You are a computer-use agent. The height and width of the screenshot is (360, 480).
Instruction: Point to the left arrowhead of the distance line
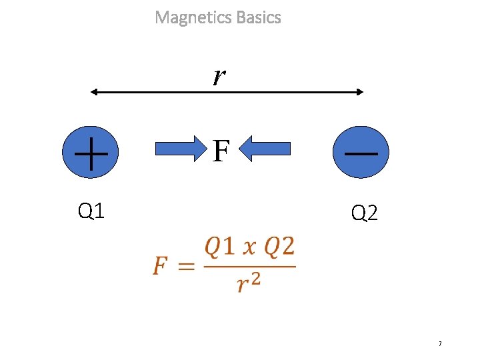coord(94,92)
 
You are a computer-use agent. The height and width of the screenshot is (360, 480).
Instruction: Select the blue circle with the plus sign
coord(91,153)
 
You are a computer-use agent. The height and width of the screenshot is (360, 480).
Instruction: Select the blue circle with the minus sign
coord(360,153)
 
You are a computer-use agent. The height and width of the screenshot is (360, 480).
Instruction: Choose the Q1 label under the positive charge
coord(91,211)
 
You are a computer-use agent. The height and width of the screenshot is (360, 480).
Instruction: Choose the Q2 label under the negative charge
coord(364,213)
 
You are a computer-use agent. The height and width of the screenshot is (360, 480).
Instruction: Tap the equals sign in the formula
coord(186,267)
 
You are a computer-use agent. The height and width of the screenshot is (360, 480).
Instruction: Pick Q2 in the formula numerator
coord(279,247)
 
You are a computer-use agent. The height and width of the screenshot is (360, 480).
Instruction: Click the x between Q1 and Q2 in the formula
coord(249,249)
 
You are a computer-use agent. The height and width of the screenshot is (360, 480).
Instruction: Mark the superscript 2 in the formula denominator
coord(255,278)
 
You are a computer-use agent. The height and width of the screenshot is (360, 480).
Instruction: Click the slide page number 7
coord(440,344)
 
